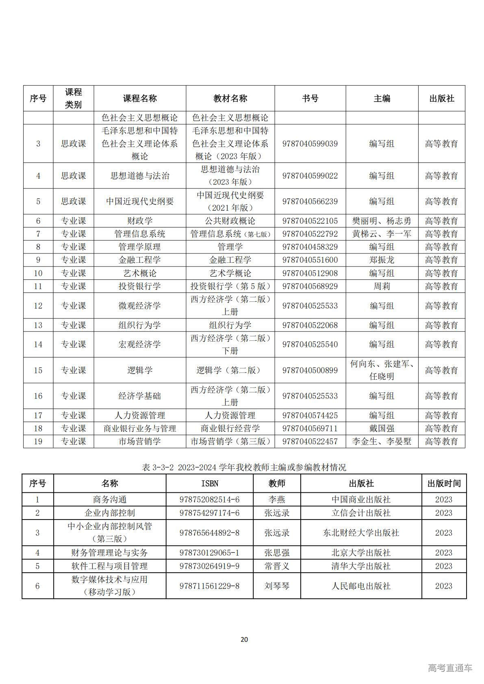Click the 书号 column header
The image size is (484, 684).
[x=310, y=98]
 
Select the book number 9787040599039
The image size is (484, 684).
[x=310, y=144]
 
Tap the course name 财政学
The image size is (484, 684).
[x=140, y=221]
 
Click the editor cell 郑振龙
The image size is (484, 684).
[x=382, y=260]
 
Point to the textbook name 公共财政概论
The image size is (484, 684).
[x=230, y=221]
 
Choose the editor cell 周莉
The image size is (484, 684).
[x=382, y=286]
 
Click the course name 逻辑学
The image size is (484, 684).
[x=140, y=370]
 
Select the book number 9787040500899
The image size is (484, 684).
[x=310, y=370]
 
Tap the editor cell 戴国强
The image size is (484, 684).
[x=382, y=429]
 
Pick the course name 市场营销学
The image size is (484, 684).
[x=140, y=442]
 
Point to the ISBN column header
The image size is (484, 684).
[x=210, y=484]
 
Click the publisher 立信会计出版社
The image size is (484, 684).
[x=361, y=513]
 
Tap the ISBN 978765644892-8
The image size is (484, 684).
[x=210, y=533]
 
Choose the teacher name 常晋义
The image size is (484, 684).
[x=277, y=566]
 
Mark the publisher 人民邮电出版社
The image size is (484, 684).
[x=361, y=586]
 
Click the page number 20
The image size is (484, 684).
[x=244, y=640]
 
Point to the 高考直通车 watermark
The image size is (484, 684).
[x=450, y=668]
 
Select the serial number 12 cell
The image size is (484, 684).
[x=38, y=306]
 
